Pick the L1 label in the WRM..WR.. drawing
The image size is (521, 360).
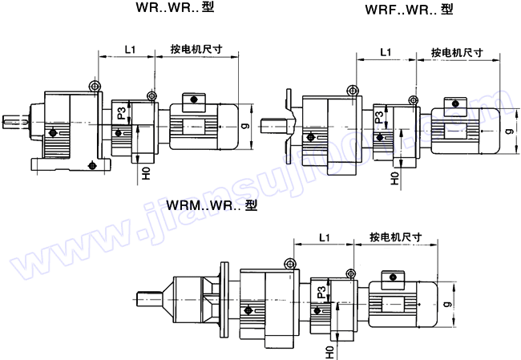click(x=324, y=238)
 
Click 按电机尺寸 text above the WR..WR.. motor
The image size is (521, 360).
click(x=197, y=50)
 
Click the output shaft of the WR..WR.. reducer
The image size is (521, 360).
click(x=15, y=123)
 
